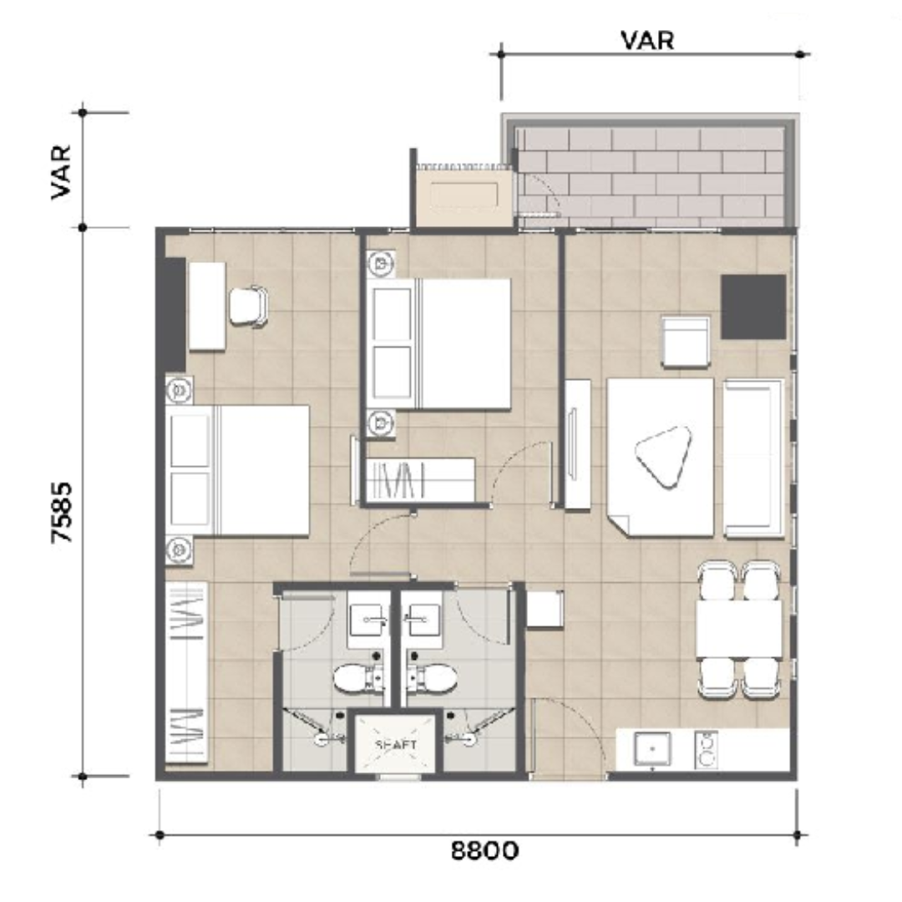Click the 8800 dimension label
click(484, 849)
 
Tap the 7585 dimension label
click(62, 513)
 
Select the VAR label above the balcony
click(647, 40)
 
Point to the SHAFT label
click(396, 744)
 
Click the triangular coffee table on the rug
click(662, 457)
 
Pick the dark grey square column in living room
click(753, 307)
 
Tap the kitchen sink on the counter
click(651, 749)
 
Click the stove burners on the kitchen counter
click(706, 749)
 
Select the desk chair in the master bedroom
click(249, 307)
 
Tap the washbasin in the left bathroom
click(367, 619)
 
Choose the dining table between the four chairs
click(738, 629)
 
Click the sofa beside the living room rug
click(753, 459)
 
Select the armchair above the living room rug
click(686, 342)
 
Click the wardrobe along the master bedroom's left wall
click(186, 672)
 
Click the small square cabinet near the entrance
click(545, 609)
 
